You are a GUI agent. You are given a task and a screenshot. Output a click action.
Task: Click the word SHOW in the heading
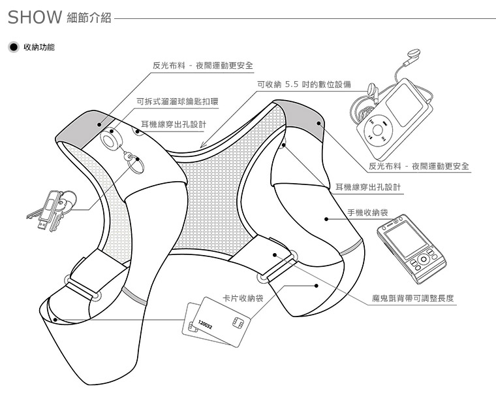(x=35, y=17)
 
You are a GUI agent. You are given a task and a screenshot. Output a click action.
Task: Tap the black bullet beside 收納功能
(x=14, y=47)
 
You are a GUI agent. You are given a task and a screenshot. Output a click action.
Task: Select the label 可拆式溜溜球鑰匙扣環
(x=177, y=101)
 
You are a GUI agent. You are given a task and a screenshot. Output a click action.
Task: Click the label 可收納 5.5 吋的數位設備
(x=304, y=84)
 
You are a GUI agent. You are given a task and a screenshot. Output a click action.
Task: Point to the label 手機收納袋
(x=367, y=213)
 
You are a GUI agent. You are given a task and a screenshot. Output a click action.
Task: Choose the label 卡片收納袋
(x=243, y=298)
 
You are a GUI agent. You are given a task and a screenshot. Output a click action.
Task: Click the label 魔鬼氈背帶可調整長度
(x=413, y=298)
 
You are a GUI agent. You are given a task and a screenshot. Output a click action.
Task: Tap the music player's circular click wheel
(x=378, y=130)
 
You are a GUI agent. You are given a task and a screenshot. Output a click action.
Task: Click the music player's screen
(x=405, y=105)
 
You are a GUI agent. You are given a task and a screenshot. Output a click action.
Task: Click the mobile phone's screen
(x=405, y=239)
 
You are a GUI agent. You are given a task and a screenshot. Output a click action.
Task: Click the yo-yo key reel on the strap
(x=111, y=140)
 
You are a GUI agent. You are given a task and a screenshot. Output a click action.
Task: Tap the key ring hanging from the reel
(x=135, y=165)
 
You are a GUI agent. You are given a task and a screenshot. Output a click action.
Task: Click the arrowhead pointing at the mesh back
(x=202, y=146)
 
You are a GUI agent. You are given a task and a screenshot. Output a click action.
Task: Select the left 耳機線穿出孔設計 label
(x=174, y=124)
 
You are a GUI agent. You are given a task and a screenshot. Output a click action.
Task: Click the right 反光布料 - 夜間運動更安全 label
(x=419, y=166)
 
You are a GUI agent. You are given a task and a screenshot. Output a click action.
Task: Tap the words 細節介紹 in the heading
(x=89, y=18)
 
